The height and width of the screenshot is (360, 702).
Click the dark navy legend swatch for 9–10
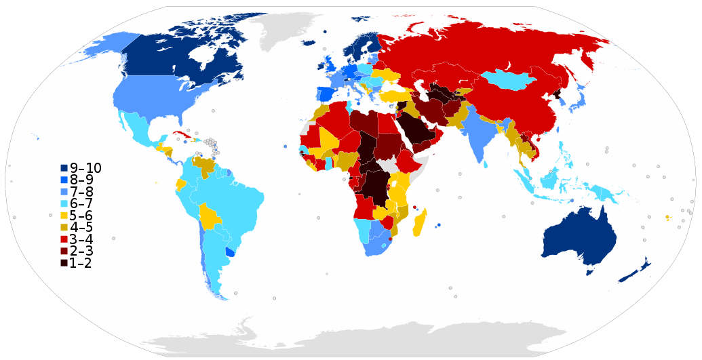pyautogui.click(x=64, y=168)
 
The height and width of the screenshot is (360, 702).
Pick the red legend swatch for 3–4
pyautogui.click(x=64, y=239)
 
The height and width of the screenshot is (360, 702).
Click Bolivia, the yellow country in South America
pyautogui.click(x=210, y=217)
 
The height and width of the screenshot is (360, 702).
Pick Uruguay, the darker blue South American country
pyautogui.click(x=231, y=252)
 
